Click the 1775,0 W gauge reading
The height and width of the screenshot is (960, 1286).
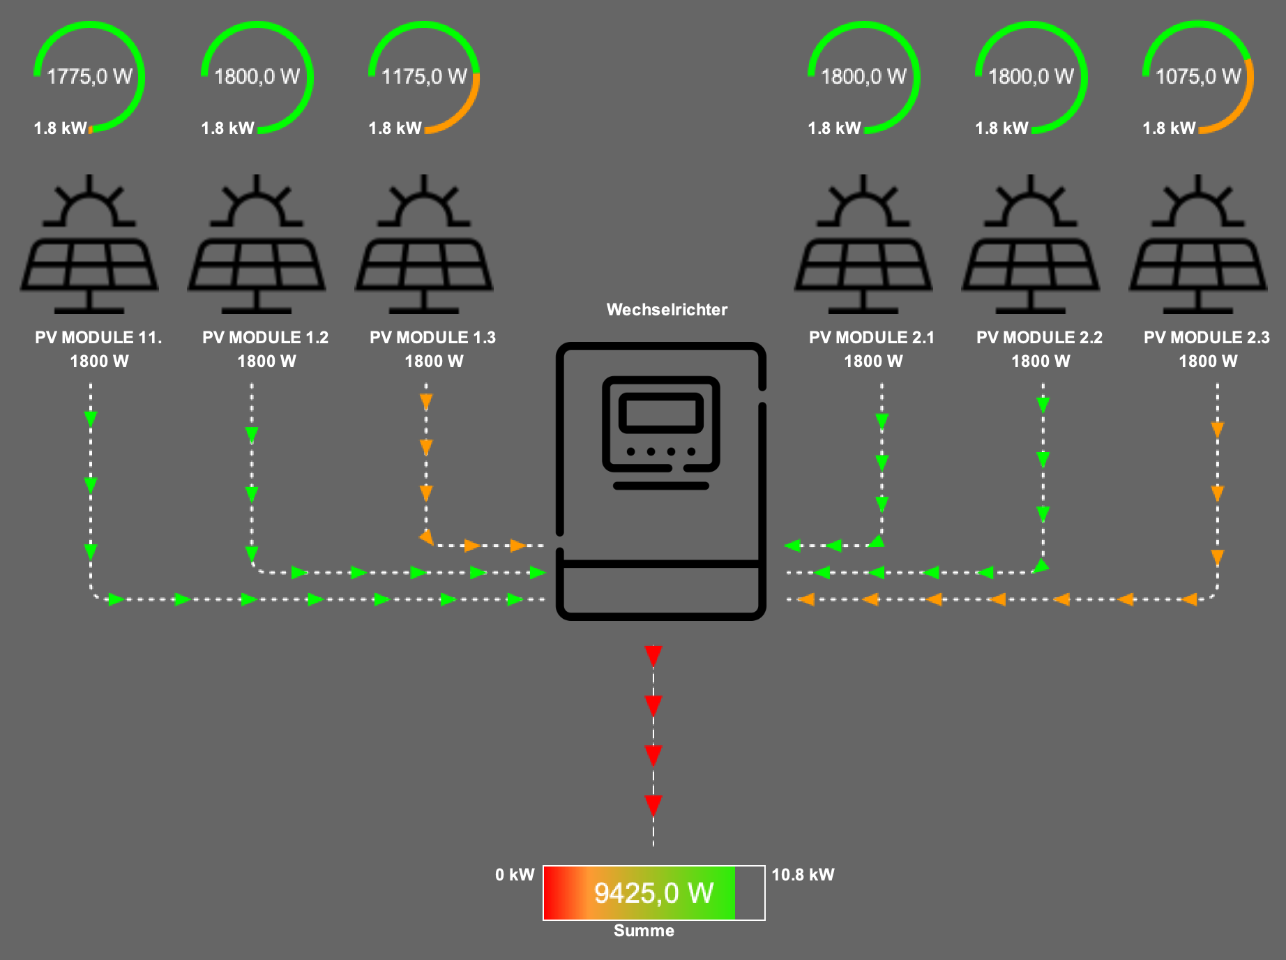[89, 76]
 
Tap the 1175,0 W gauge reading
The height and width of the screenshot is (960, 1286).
[424, 76]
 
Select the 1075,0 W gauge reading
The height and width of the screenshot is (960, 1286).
[1198, 76]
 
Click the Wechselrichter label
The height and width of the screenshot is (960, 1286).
[667, 310]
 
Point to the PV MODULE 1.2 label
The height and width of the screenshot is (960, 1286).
[265, 338]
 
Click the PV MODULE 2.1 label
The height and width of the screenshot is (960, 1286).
[872, 338]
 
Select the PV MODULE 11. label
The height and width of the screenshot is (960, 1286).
[98, 338]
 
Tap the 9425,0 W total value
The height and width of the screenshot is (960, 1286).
[653, 893]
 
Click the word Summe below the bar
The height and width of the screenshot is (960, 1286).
[644, 931]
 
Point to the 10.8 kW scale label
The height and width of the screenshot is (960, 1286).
[803, 875]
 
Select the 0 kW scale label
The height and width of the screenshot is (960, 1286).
[515, 875]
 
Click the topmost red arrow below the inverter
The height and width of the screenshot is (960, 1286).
[653, 656]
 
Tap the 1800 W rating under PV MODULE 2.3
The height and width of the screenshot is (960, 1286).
[1208, 361]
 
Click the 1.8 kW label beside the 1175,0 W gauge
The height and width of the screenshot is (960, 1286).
[395, 128]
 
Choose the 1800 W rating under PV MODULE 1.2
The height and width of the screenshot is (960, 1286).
[266, 361]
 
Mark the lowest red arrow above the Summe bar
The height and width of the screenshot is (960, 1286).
[653, 806]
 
